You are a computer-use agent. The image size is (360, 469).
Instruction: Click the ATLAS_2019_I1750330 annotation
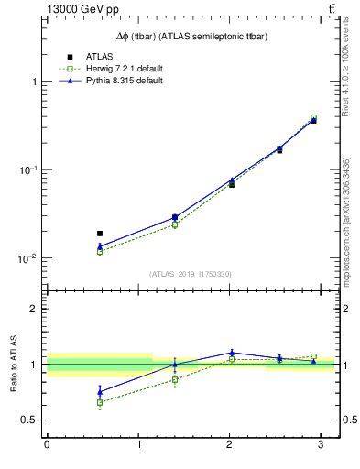191,274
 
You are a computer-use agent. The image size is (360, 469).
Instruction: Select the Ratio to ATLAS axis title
14,364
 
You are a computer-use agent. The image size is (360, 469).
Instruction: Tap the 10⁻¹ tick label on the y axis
28,170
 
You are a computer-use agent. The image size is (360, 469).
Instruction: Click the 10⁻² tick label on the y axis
28,259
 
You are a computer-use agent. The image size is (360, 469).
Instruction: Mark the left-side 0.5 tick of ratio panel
31,420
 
